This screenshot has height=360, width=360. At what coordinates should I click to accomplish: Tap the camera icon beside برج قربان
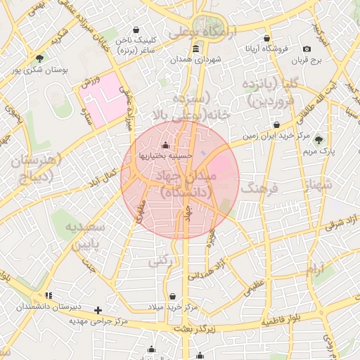(x=307, y=49)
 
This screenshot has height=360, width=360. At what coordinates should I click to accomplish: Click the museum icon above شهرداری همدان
(x=195, y=49)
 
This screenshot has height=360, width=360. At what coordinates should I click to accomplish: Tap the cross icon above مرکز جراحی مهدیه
(x=98, y=310)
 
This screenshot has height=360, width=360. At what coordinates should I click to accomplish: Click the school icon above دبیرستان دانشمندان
(x=48, y=295)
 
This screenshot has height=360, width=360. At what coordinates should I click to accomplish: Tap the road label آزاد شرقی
(x=341, y=223)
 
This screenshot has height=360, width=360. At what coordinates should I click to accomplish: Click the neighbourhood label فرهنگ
(x=259, y=188)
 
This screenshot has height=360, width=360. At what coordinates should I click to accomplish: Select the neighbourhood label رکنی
(x=160, y=262)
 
